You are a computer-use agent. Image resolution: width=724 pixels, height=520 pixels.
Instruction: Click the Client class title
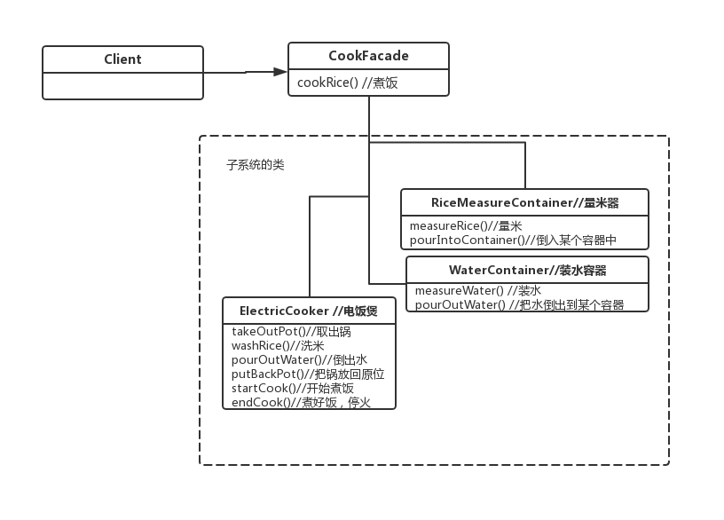[x=122, y=59]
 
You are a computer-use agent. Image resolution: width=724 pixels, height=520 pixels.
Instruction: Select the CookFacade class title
[x=368, y=56]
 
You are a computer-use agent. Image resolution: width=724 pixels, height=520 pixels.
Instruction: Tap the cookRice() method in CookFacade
[x=348, y=83]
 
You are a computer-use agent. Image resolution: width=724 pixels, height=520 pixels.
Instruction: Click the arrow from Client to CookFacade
[x=245, y=72]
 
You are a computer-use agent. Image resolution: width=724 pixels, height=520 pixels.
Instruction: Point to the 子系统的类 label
[x=256, y=165]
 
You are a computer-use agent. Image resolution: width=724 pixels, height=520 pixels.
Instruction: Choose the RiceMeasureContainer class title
[x=524, y=202]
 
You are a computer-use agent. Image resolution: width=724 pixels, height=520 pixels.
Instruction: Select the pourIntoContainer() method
[x=513, y=240]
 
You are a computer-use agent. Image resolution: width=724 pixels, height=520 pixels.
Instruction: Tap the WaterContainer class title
[x=527, y=270]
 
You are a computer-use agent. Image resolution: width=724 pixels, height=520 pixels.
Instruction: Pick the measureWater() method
[x=477, y=291]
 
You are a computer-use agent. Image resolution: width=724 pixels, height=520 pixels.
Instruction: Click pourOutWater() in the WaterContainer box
[x=519, y=304]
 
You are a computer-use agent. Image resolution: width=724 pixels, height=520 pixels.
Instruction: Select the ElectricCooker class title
[x=308, y=311]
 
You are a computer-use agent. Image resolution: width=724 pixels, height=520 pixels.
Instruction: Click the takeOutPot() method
[x=290, y=332]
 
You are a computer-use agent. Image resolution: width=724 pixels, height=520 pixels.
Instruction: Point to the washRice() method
[x=277, y=346]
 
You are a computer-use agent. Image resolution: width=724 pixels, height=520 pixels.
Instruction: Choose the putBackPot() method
[x=307, y=374]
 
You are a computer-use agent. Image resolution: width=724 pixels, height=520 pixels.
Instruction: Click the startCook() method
[x=292, y=388]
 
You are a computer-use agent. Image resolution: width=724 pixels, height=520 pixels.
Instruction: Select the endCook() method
[x=301, y=402]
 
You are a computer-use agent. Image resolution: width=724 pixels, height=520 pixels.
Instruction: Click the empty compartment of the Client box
[x=122, y=85]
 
